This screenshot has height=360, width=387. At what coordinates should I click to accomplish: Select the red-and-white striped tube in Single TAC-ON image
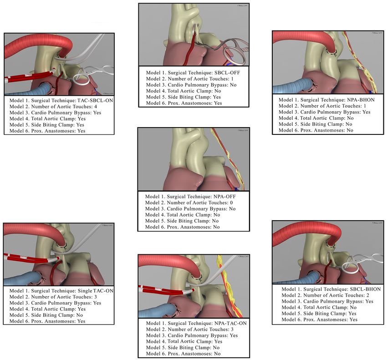click(27, 259)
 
